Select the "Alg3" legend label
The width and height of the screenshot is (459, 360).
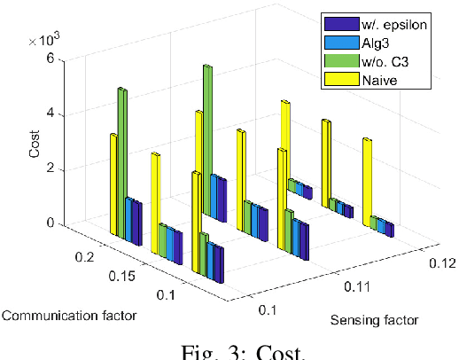(375, 43)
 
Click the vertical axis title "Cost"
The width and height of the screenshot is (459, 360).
(34, 142)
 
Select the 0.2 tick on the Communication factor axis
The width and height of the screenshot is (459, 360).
(85, 256)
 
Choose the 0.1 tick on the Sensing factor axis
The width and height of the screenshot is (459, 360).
(267, 309)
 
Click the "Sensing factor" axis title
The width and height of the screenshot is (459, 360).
(374, 320)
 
